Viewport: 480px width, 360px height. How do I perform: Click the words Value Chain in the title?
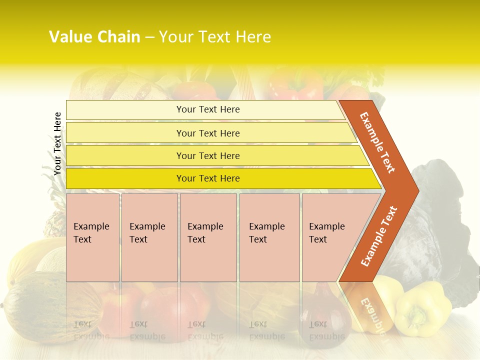(94, 37)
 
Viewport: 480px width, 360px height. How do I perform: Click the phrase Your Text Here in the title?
(215, 37)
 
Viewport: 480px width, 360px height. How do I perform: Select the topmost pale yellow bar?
(207, 109)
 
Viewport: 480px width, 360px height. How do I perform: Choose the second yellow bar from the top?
(207, 133)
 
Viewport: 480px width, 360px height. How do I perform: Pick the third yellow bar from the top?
(207, 155)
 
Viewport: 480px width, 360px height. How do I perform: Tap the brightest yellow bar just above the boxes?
(207, 178)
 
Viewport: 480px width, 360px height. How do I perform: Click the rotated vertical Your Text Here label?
(57, 143)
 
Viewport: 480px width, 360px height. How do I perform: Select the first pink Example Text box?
(92, 237)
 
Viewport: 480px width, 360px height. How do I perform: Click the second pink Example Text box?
(149, 237)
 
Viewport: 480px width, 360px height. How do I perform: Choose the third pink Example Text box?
(207, 237)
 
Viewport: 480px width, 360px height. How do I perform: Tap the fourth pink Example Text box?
(269, 237)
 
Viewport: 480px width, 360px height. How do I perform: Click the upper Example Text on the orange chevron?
(378, 142)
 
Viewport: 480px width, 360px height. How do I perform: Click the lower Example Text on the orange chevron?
(379, 236)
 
